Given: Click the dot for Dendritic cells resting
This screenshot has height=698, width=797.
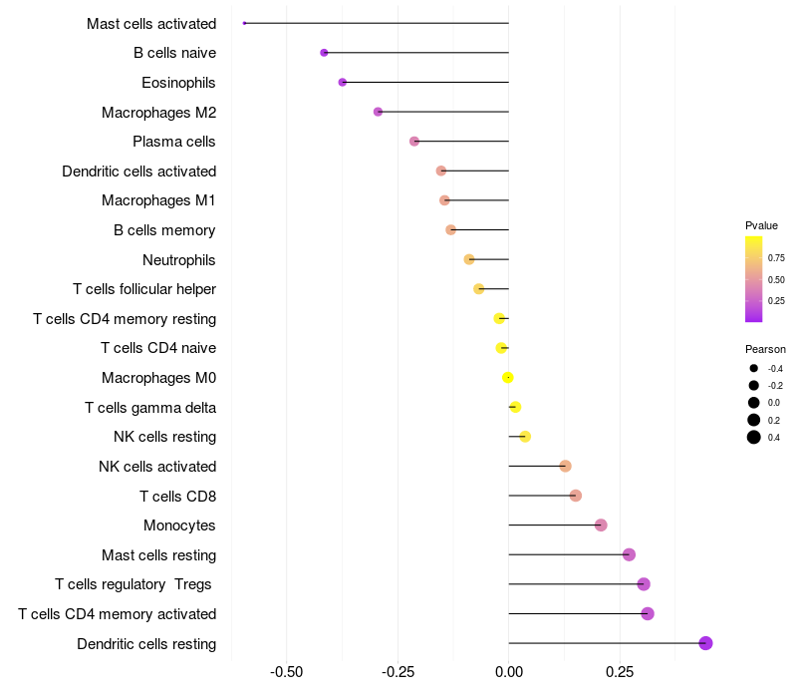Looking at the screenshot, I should coord(705,643).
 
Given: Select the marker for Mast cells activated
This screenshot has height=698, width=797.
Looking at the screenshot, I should coord(245,23).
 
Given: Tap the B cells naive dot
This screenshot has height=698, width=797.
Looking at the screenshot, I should coord(324,53).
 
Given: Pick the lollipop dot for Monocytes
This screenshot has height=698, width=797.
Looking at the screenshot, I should coord(601,525).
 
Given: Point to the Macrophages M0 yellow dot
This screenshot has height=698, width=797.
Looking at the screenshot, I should coord(508,378).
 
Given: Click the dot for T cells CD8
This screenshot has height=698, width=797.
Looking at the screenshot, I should coord(576,496).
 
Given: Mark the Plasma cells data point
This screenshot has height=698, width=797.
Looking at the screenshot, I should coord(414,142).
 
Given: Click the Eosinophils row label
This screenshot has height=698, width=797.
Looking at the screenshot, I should coord(178,83).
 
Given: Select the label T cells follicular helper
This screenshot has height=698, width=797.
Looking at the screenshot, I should coord(144,289).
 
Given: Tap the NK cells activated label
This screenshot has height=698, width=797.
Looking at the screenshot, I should coord(157,467).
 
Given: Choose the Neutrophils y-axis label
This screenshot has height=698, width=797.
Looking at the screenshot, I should coord(179,260).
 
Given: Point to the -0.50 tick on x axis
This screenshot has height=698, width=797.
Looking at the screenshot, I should coord(286,672).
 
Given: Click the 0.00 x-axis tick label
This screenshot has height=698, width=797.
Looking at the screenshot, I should coord(508,672).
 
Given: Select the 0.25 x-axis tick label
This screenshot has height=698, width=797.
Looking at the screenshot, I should coord(620,672).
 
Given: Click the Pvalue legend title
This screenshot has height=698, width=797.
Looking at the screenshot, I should coord(761,225).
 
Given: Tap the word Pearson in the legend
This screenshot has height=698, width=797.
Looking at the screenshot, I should coord(765,349).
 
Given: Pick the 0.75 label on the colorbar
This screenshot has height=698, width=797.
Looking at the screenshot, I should coord(776,257).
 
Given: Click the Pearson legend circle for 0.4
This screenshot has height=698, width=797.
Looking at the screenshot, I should coord(754,437).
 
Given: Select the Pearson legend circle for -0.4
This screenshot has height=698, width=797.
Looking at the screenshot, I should coord(754,369).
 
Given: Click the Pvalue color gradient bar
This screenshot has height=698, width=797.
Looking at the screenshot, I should coord(754,279).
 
